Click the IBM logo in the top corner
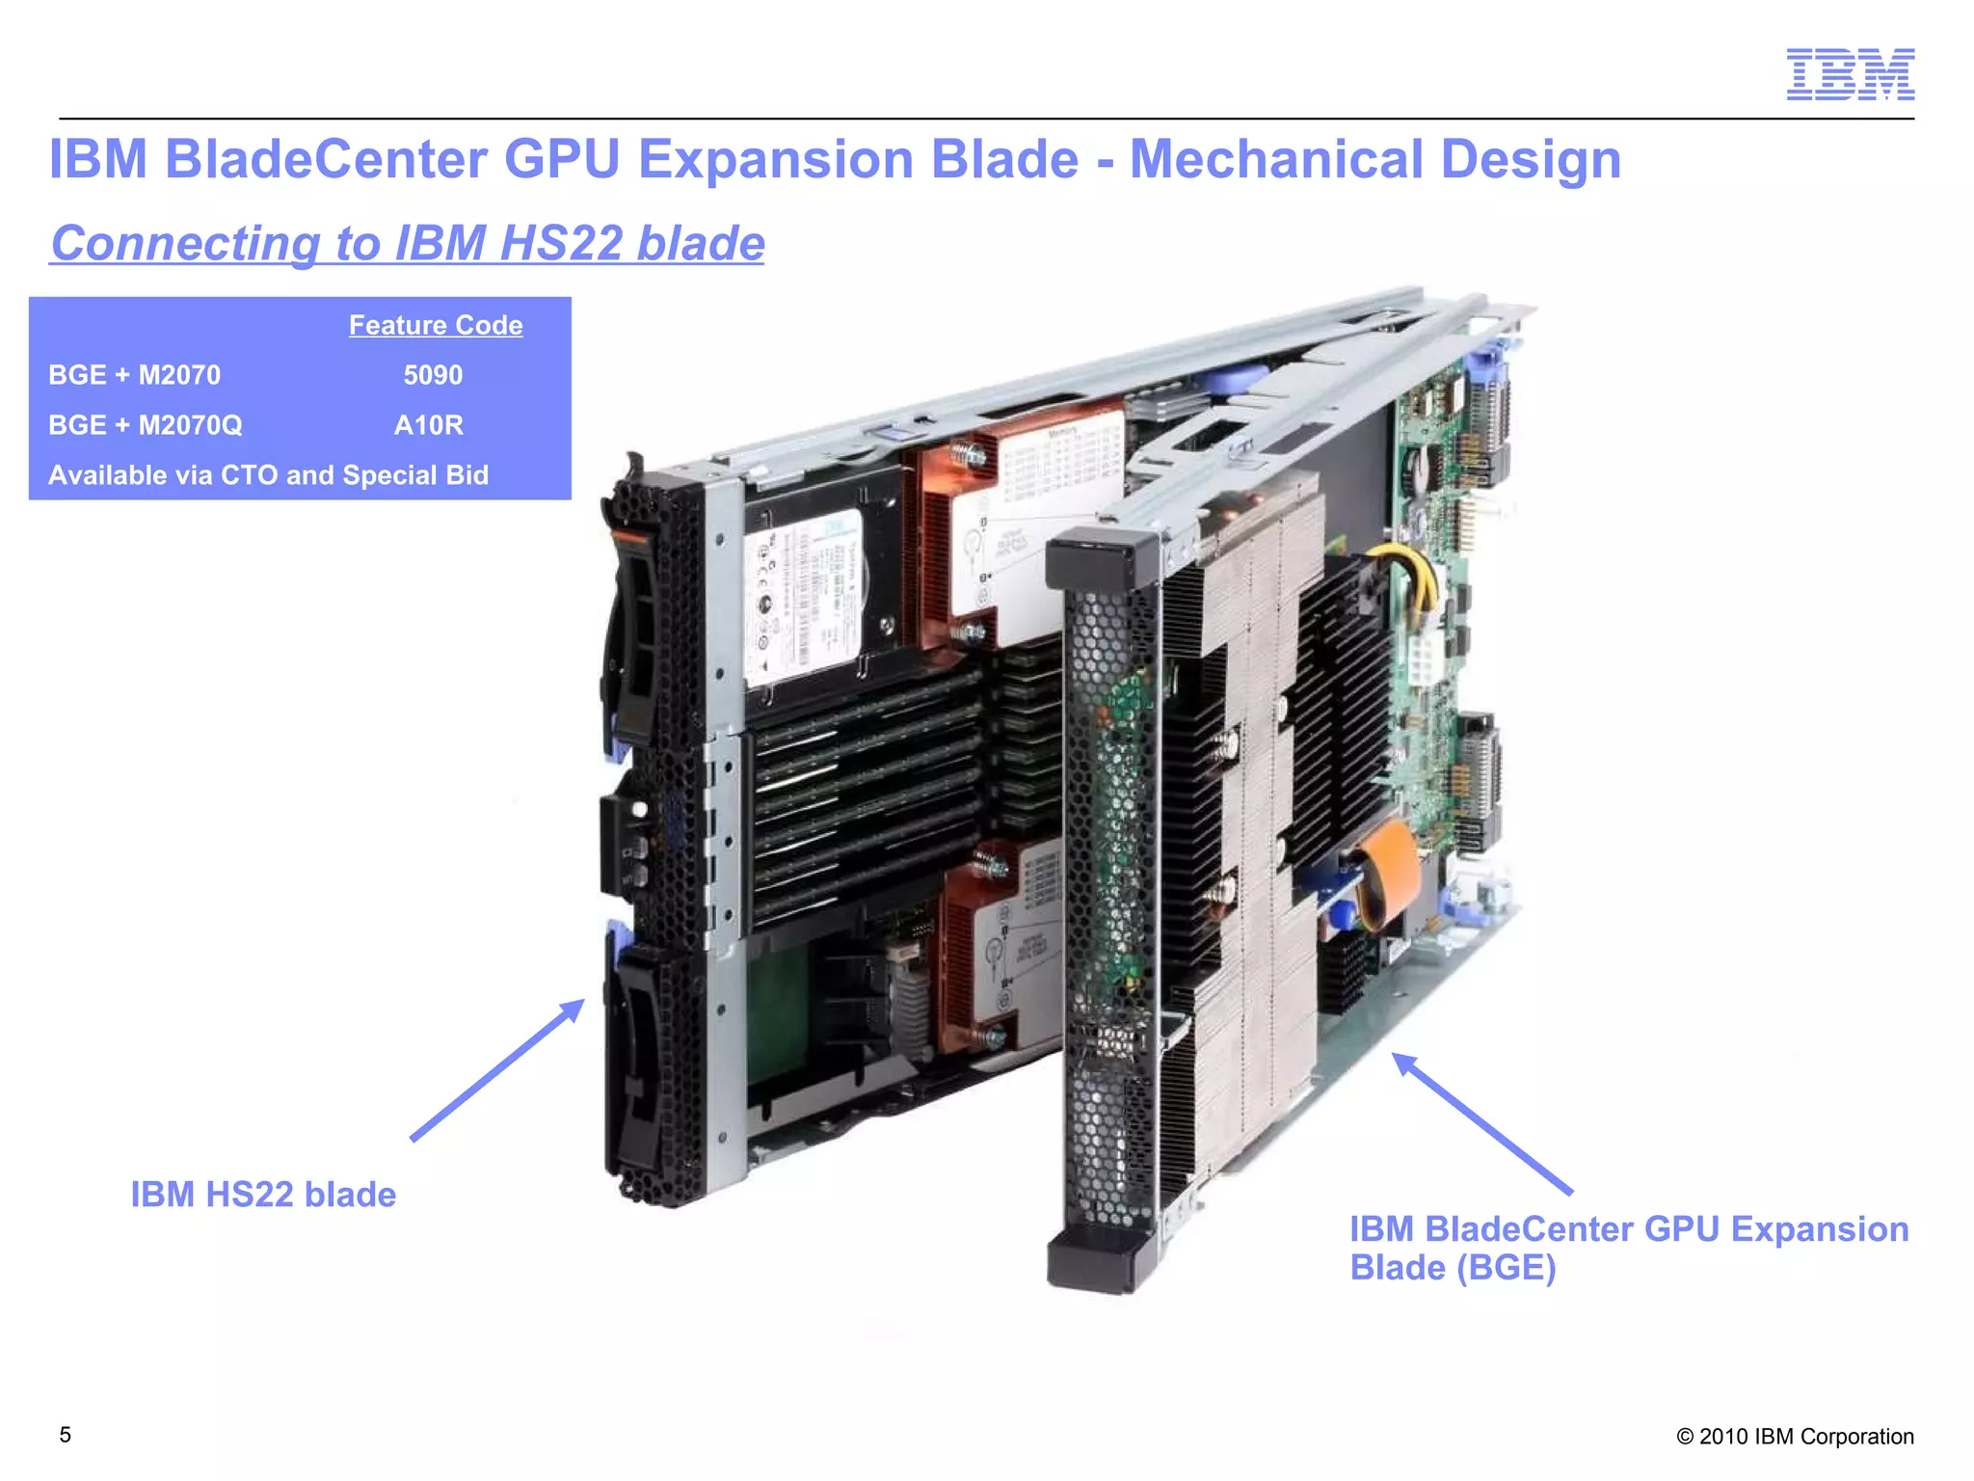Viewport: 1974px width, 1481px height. coord(1850,74)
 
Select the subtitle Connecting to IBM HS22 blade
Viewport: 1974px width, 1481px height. coord(408,243)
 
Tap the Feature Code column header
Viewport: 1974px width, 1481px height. coord(436,325)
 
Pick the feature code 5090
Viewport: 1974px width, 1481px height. coord(433,375)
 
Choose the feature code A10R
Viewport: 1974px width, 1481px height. coord(429,425)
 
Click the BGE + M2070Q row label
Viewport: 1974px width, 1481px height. coord(146,425)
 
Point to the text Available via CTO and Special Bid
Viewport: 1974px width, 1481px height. coord(269,475)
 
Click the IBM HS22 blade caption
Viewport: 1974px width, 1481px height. coord(263,1195)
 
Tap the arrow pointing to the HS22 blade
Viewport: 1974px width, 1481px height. coord(496,1070)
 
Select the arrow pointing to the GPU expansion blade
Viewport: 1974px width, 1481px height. coord(1481,1123)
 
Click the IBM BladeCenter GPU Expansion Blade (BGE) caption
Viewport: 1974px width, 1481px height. coord(1628,1248)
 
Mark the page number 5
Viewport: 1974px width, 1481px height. coord(66,1435)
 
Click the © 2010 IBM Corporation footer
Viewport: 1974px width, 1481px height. coord(1795,1437)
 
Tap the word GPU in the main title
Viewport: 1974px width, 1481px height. coord(561,159)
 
